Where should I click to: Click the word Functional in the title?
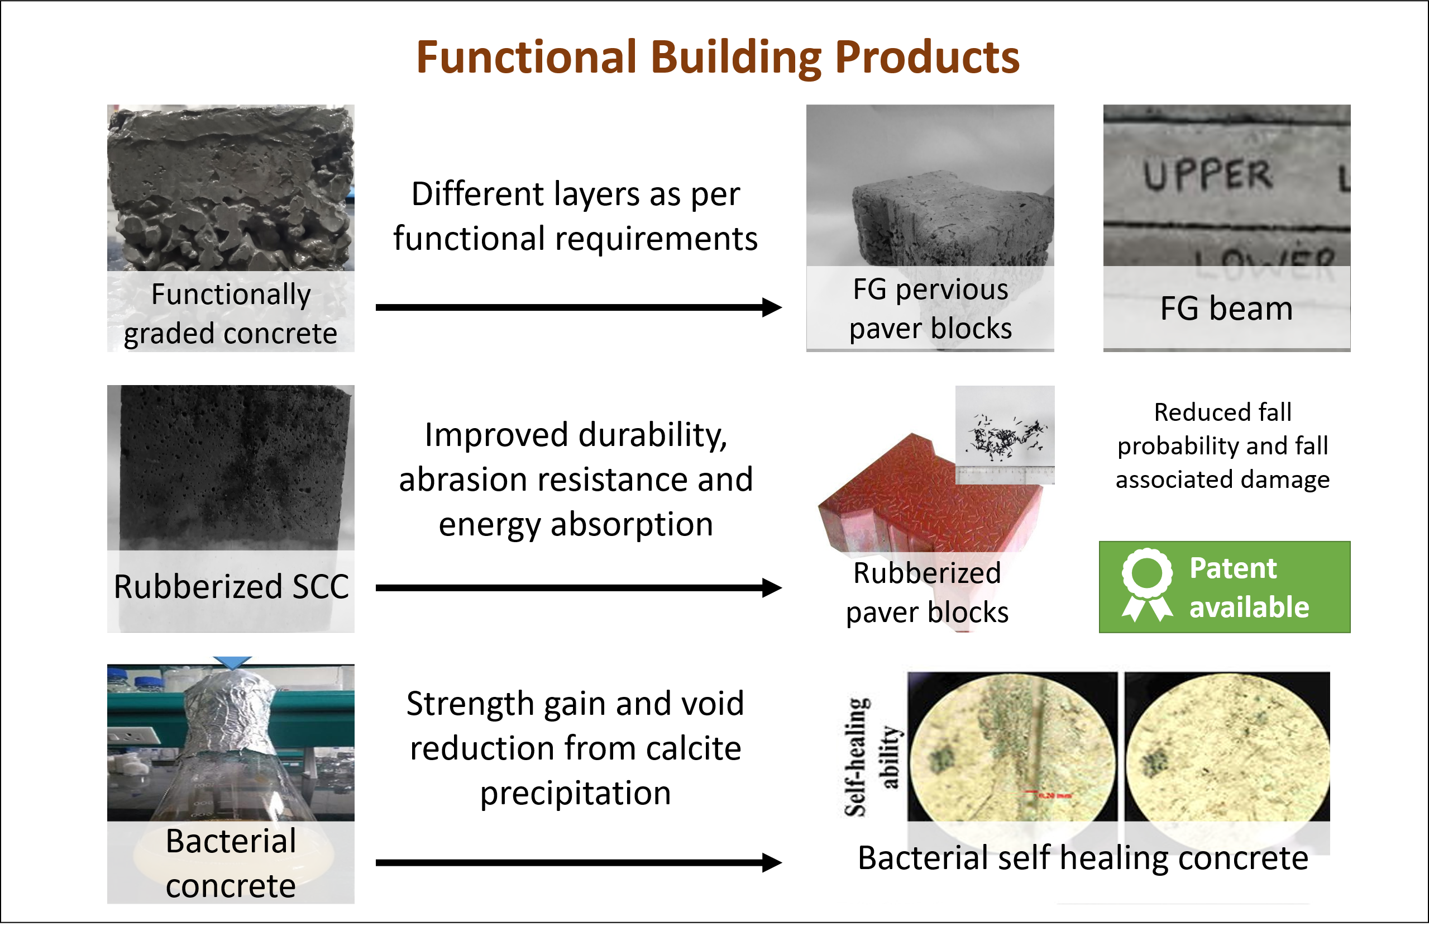[x=526, y=57]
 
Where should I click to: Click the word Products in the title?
[x=927, y=57]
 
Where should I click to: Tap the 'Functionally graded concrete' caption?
[x=231, y=314]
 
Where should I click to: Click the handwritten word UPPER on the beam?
[x=1207, y=175]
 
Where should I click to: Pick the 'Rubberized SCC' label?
[x=231, y=586]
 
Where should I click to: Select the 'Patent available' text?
[x=1249, y=587]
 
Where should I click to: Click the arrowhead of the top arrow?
[x=772, y=307]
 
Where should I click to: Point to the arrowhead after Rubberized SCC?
[x=772, y=587]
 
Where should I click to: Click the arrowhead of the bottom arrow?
[x=772, y=863]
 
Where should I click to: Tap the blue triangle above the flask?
[x=232, y=662]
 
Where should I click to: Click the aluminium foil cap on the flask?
[x=231, y=715]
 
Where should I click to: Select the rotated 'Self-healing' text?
[x=856, y=757]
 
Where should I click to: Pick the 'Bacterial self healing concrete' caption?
[x=1083, y=858]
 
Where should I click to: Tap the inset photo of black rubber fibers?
[x=1005, y=434]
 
